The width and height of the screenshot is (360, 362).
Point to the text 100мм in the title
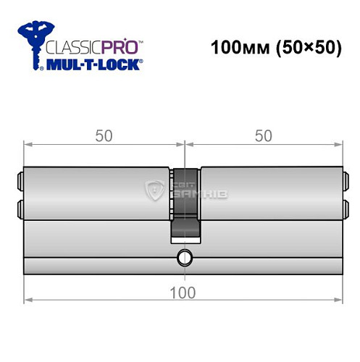(x=233, y=50)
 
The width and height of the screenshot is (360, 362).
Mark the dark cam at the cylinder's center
(x=185, y=203)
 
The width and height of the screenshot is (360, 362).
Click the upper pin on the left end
(x=18, y=179)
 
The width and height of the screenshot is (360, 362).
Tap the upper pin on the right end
(x=345, y=179)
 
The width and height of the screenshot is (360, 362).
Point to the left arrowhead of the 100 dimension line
(x=28, y=300)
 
